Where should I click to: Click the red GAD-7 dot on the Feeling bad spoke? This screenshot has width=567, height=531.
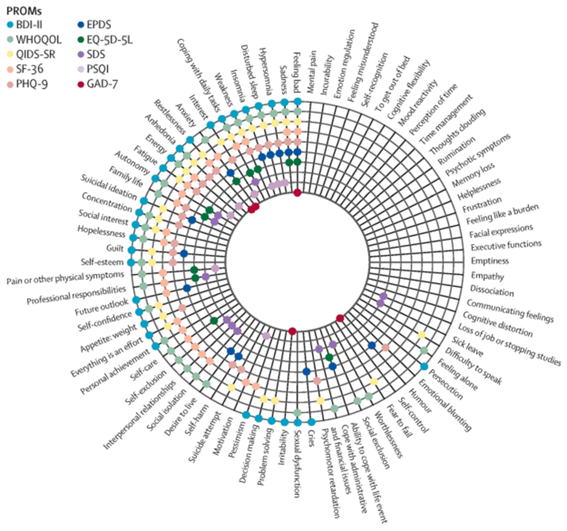pos(297,192)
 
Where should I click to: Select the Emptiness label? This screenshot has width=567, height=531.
pos(490,261)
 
